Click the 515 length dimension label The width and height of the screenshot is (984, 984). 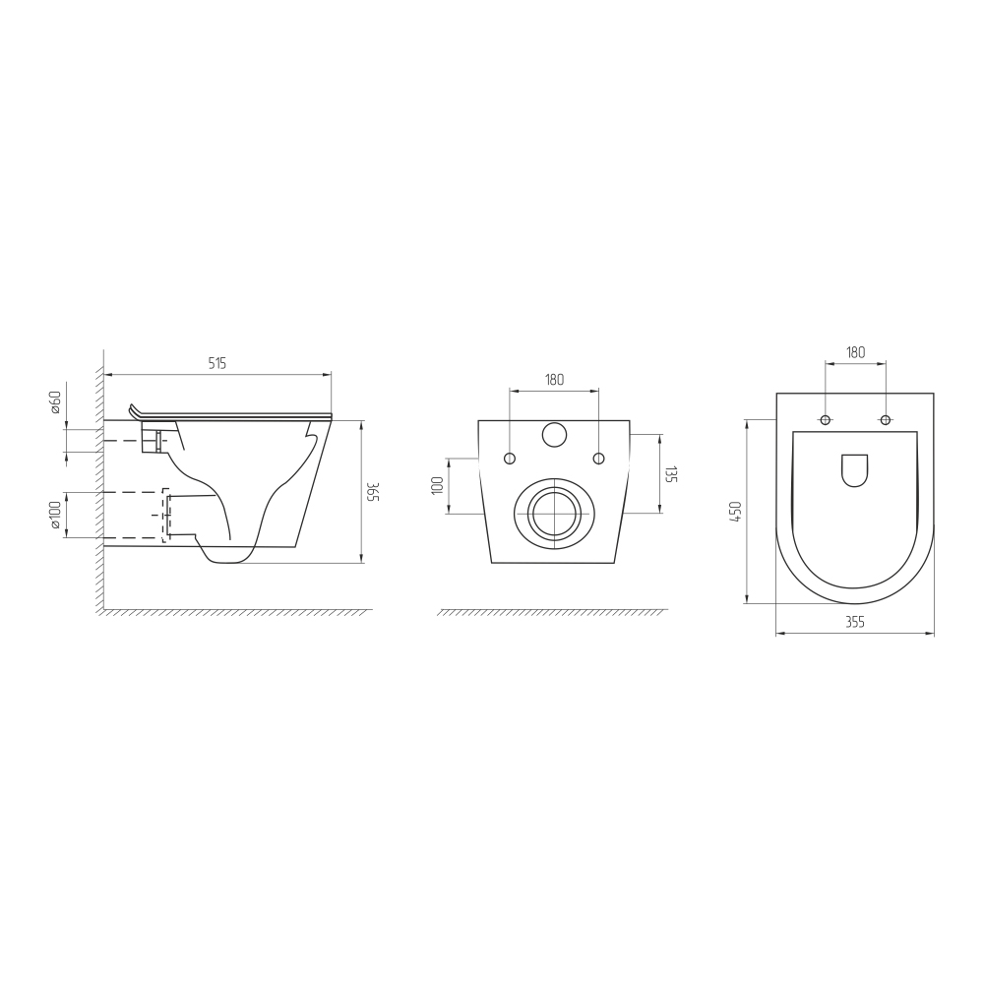216,363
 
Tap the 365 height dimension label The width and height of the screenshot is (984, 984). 373,492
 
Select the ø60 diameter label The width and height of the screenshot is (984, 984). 54,401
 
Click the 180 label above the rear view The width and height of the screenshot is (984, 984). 554,379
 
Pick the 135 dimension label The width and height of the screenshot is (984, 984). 671,474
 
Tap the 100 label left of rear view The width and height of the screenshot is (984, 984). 438,485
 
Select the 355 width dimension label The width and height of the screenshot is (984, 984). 855,622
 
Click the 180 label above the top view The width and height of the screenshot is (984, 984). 855,352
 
